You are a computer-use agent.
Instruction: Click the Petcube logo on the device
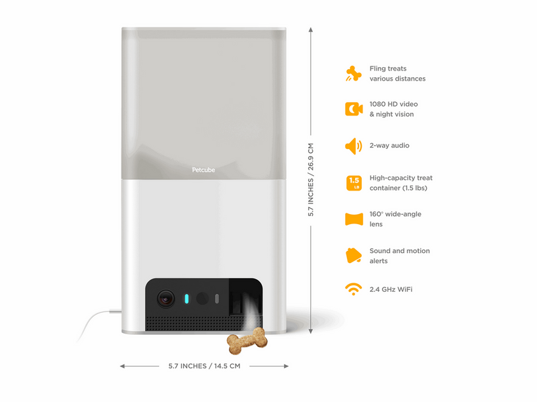click(x=203, y=170)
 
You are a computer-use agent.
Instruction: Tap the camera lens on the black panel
click(x=166, y=299)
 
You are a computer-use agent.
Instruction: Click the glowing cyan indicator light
click(x=187, y=299)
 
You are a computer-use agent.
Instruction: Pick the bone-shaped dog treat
click(x=247, y=341)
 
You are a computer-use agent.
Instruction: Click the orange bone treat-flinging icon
click(x=354, y=74)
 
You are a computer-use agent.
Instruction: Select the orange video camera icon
click(x=354, y=109)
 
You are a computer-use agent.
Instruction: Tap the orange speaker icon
click(x=354, y=146)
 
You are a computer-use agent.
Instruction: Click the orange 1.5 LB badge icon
click(x=354, y=183)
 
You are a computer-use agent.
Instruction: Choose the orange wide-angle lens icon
click(x=354, y=219)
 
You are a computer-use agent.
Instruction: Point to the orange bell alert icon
click(x=354, y=256)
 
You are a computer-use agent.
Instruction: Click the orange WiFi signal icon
click(x=354, y=289)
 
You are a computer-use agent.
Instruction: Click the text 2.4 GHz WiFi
click(x=391, y=289)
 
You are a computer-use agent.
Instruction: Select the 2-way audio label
click(x=389, y=146)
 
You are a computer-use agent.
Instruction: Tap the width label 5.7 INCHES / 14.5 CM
click(x=204, y=366)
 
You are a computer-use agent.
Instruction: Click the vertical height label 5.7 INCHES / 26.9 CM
click(x=311, y=180)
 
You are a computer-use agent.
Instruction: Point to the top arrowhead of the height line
click(x=311, y=30)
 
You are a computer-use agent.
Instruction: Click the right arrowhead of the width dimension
click(x=286, y=366)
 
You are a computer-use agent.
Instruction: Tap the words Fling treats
click(x=388, y=68)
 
